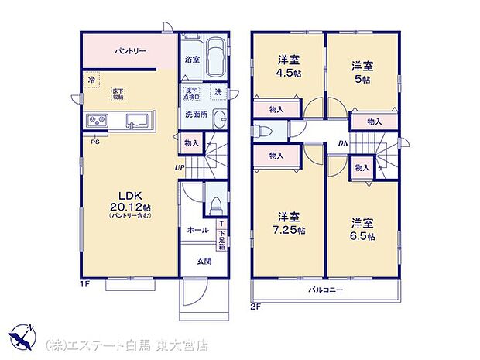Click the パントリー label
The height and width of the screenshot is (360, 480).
pos(127,52)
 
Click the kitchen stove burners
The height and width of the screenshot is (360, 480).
pos(99,121)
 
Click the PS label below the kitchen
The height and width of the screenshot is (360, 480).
pos(95,142)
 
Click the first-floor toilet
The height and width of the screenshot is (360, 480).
pos(216,204)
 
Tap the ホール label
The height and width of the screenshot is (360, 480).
pos(196,230)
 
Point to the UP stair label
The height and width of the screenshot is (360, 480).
pos(178,165)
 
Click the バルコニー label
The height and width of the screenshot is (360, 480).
pos(328,290)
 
